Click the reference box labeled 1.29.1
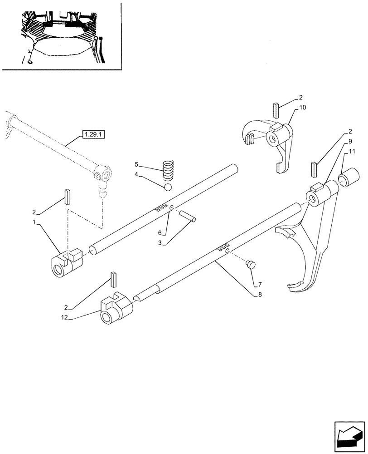tap(92, 134)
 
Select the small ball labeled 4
tap(168, 187)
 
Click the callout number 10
tap(303, 108)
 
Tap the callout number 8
tap(260, 294)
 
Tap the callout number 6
tap(160, 232)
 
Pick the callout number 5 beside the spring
tap(136, 164)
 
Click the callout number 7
tap(260, 284)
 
